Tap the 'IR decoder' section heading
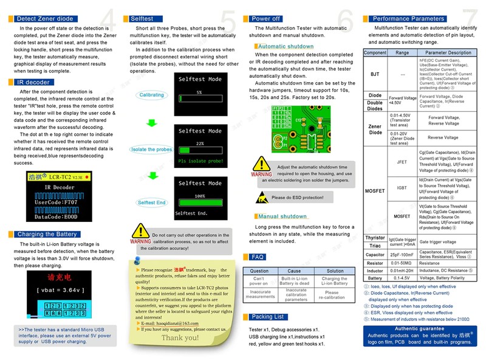pyautogui.click(x=33, y=82)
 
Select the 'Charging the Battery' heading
pyautogui.click(x=47, y=234)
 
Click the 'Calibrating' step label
pyautogui.click(x=152, y=95)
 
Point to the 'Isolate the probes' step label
pyautogui.click(x=151, y=150)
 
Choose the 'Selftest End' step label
pyautogui.click(x=151, y=202)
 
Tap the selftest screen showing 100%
pyautogui.click(x=199, y=199)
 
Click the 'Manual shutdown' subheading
pyautogui.click(x=283, y=216)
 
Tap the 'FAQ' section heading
pyautogui.click(x=258, y=257)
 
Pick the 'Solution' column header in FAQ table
pyautogui.click(x=335, y=271)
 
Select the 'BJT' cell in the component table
pyautogui.click(x=375, y=74)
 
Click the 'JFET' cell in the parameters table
pyautogui.click(x=402, y=162)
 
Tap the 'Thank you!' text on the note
pyautogui.click(x=180, y=337)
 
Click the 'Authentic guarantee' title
pyautogui.click(x=423, y=328)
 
